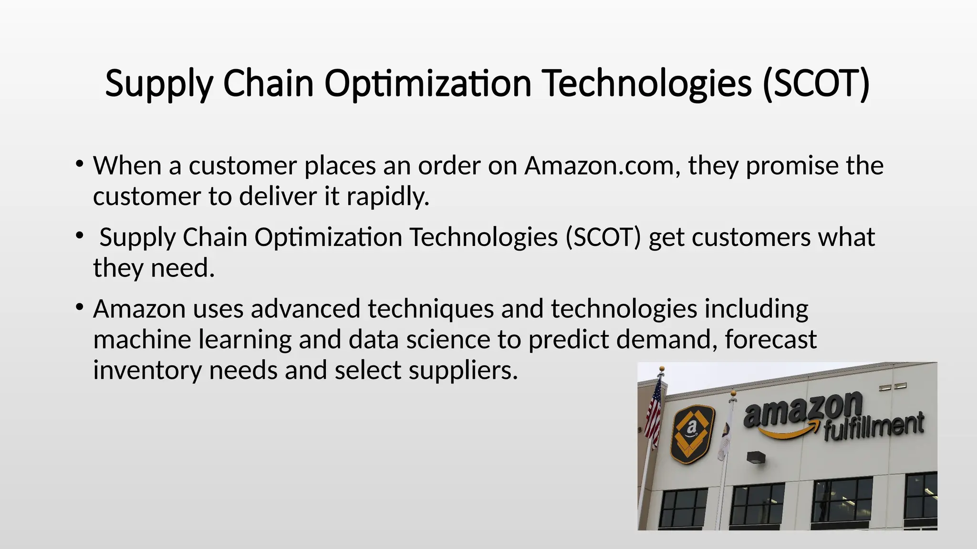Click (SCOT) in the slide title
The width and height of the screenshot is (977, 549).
(x=816, y=84)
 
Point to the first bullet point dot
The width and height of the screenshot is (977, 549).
(x=79, y=165)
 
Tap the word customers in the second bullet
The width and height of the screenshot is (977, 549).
(x=751, y=237)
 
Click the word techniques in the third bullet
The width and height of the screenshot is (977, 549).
(x=430, y=309)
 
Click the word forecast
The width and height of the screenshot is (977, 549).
(x=770, y=339)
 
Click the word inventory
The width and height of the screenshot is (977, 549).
(x=147, y=370)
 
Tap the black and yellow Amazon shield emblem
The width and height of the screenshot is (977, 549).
(x=692, y=433)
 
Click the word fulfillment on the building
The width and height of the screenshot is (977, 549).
(x=873, y=426)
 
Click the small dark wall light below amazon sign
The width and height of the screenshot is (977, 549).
(x=756, y=457)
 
